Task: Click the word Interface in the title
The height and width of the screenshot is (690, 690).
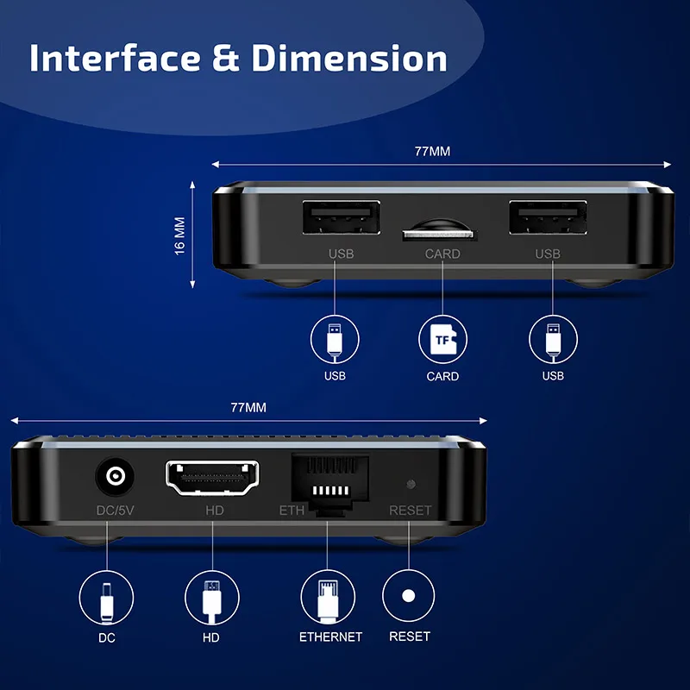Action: [x=112, y=58]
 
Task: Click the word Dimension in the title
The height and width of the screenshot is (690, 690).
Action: [x=349, y=58]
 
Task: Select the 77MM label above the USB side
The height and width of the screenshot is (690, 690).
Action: [x=432, y=151]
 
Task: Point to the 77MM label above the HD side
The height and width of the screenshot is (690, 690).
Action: [x=248, y=407]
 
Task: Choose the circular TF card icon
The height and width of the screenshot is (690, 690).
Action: [x=442, y=339]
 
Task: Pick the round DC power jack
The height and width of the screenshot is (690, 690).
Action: [x=113, y=477]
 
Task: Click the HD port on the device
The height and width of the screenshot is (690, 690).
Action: [x=212, y=478]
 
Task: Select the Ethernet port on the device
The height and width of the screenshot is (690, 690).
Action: [x=330, y=484]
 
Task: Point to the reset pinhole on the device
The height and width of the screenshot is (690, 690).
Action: [x=411, y=485]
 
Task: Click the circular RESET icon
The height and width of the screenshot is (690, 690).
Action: [x=409, y=596]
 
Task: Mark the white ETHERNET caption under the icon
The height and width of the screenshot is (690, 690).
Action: [x=330, y=637]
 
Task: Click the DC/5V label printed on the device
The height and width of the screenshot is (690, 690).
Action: [x=115, y=511]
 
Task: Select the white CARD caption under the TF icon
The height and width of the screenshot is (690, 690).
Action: [x=442, y=376]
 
